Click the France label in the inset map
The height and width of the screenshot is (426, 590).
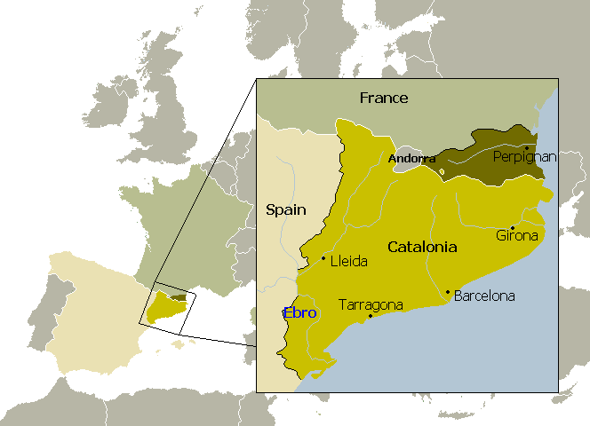[384, 98]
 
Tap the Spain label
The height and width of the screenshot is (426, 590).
[286, 210]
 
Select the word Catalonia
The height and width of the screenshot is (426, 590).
[422, 248]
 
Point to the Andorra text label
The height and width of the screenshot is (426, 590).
[411, 159]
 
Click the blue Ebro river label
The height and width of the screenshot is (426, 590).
[299, 312]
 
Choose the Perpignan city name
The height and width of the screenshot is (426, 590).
[524, 157]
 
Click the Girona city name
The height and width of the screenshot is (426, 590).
[517, 236]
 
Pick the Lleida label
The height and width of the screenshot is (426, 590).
[348, 262]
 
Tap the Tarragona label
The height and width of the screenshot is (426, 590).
[371, 304]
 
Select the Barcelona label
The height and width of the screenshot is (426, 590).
[484, 296]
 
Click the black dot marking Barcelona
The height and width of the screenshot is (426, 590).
[448, 292]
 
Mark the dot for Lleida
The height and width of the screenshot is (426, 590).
[323, 258]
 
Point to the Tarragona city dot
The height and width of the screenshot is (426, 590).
[371, 315]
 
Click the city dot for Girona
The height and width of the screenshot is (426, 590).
[512, 228]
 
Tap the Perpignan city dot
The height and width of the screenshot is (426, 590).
[527, 148]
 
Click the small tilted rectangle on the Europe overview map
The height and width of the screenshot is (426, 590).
[167, 304]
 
